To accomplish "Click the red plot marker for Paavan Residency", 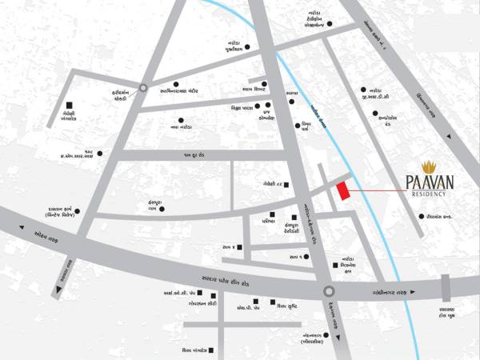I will (x=343, y=192).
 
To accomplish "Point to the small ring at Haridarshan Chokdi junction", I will (x=143, y=87).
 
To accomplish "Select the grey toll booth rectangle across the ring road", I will (x=446, y=286).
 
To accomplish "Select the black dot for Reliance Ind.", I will (x=419, y=217).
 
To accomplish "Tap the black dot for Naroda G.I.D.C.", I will (x=364, y=89).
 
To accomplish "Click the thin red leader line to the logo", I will (x=376, y=192).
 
